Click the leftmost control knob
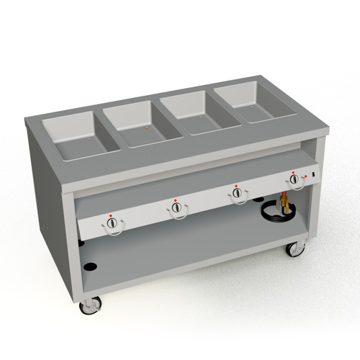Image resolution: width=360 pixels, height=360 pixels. click(x=112, y=226)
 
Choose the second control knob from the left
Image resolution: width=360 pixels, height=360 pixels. click(x=176, y=208)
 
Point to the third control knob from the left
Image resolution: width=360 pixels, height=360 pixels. click(x=236, y=192)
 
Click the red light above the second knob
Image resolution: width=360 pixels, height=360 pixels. click(x=174, y=197)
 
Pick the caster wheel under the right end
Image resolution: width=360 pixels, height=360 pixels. click(x=294, y=249)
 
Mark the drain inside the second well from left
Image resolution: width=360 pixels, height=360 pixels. click(x=148, y=127)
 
